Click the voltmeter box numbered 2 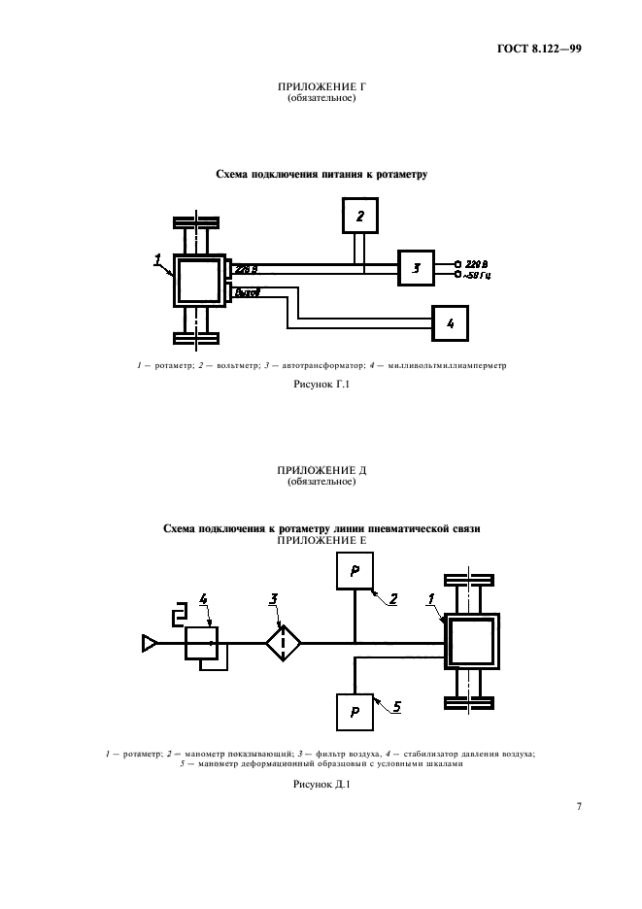point(360,216)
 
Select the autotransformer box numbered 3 point(416,268)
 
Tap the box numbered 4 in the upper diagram point(450,321)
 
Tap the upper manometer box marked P point(355,570)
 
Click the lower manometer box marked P point(355,712)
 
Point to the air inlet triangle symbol point(150,641)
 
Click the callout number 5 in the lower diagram point(395,707)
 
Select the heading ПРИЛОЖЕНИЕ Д point(321,470)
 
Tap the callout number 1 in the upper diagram point(156,258)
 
